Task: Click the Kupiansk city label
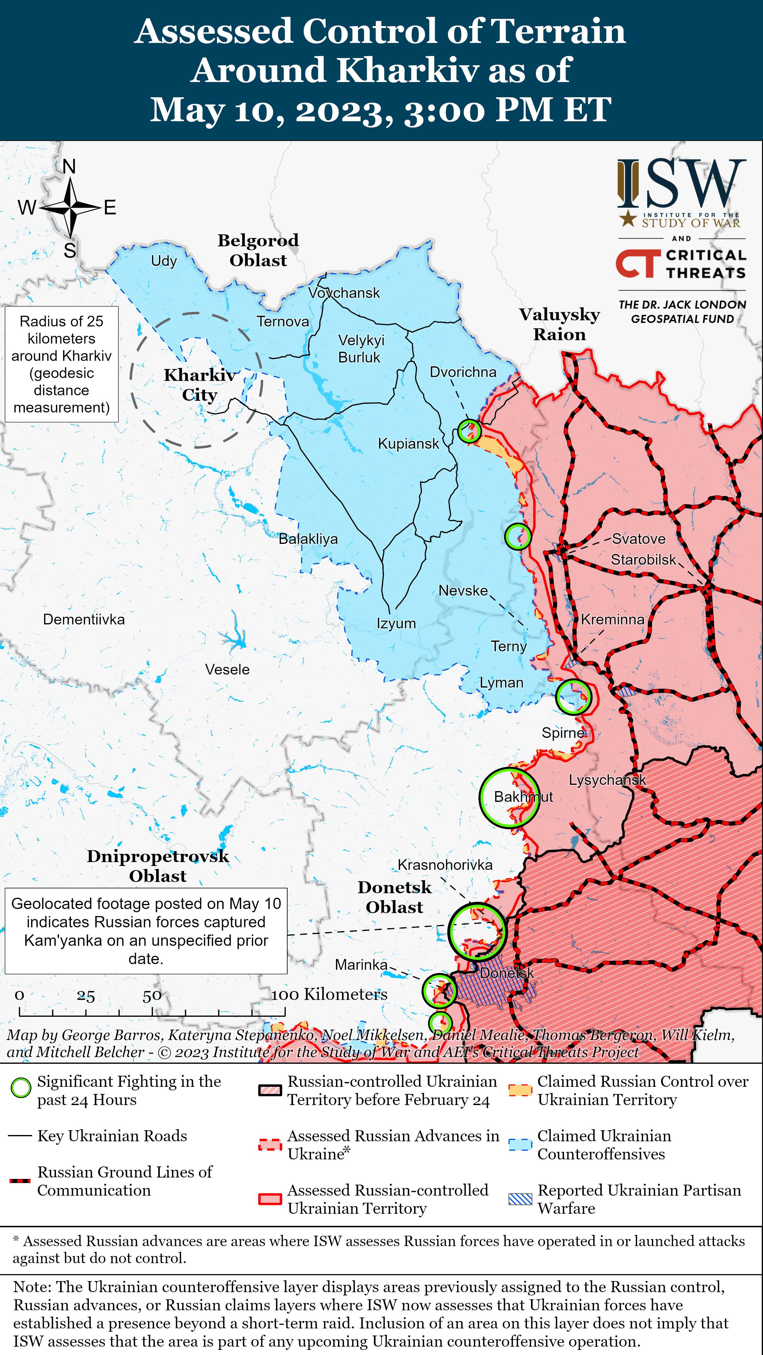click(x=408, y=443)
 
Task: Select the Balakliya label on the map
click(x=308, y=539)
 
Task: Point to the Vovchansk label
click(x=344, y=293)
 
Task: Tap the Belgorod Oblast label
click(x=258, y=251)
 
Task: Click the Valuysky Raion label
click(x=560, y=324)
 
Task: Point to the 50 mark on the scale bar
click(x=152, y=996)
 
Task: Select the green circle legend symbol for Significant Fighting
click(x=21, y=1088)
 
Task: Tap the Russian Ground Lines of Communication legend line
click(x=20, y=1181)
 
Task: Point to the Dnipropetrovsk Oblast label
click(x=158, y=866)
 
